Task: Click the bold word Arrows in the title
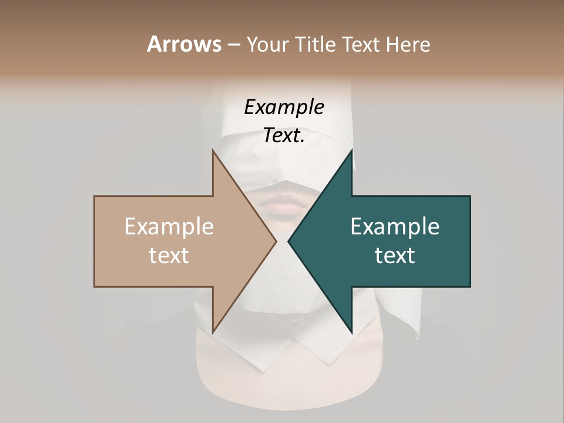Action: click(x=184, y=44)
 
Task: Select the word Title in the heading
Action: click(x=318, y=44)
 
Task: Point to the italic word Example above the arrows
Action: click(x=284, y=107)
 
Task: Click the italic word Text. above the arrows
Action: click(x=284, y=135)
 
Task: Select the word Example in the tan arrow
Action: click(x=169, y=227)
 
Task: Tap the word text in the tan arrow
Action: click(x=169, y=255)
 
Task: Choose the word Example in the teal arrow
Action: click(x=395, y=227)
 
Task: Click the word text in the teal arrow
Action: click(x=395, y=255)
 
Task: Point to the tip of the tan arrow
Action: click(x=276, y=241)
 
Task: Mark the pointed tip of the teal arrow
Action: click(x=288, y=241)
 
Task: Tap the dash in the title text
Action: click(x=233, y=45)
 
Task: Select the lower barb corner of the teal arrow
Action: click(x=351, y=333)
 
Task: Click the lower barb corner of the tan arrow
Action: click(x=213, y=333)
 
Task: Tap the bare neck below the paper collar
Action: click(x=282, y=376)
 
